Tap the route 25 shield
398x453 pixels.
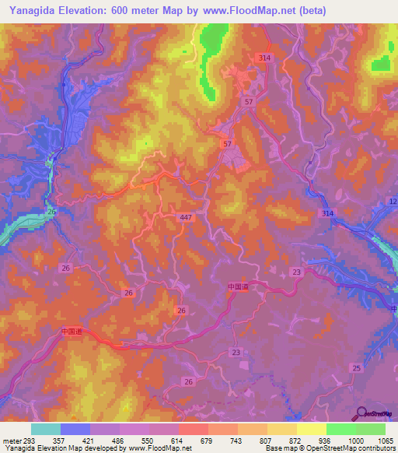pyautogui.click(x=356, y=367)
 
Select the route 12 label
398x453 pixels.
pyautogui.click(x=392, y=202)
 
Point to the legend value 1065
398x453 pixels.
pyautogui.click(x=386, y=441)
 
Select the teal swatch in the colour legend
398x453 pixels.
pyautogui.click(x=46, y=429)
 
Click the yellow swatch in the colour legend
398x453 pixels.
pyautogui.click(x=312, y=429)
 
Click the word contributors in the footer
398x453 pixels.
pyautogui.click(x=374, y=449)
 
